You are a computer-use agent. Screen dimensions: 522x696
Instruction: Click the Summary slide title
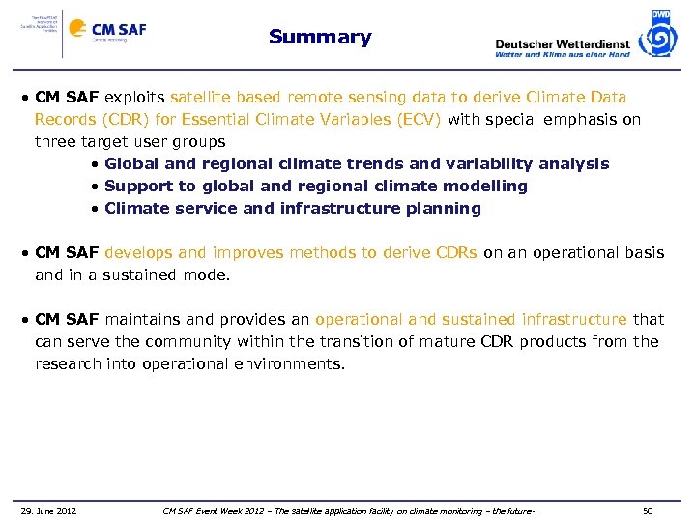pyautogui.click(x=320, y=38)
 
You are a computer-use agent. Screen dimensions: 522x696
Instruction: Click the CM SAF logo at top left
pyautogui.click(x=106, y=30)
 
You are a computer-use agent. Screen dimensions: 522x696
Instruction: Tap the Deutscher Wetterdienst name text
pyautogui.click(x=562, y=43)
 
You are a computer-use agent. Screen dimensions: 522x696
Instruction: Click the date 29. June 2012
pyautogui.click(x=48, y=509)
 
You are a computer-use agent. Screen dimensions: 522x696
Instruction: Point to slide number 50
pyautogui.click(x=648, y=509)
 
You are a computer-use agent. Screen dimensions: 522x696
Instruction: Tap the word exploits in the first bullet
pyautogui.click(x=134, y=98)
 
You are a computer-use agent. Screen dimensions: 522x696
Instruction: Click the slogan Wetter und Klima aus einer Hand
pyautogui.click(x=562, y=55)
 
